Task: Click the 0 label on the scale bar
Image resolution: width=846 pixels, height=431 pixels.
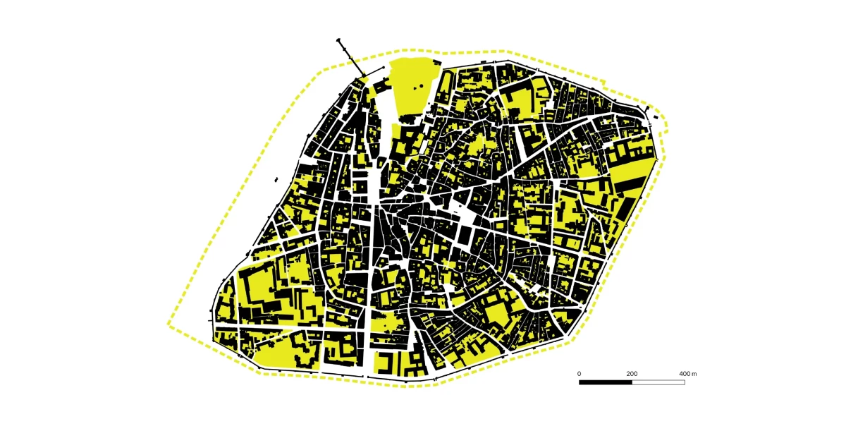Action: [580, 373]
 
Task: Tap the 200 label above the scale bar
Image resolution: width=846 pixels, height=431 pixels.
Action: [632, 373]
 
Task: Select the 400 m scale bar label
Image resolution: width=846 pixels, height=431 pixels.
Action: [687, 373]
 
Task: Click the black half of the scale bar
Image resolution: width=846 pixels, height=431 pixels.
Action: [606, 382]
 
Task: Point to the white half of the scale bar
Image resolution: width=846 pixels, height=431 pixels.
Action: [658, 382]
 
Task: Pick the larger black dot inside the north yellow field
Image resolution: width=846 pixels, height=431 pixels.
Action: [421, 87]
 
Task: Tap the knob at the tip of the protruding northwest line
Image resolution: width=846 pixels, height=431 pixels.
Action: [340, 41]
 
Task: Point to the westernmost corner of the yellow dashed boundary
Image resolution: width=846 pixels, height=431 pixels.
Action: [168, 324]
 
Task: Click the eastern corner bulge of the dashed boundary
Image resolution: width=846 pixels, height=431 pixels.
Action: [666, 127]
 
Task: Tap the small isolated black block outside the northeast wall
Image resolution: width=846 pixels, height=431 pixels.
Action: [656, 116]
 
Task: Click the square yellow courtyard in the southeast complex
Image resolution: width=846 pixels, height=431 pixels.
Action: [495, 315]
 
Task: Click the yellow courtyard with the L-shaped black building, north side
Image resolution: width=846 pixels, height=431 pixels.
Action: [518, 99]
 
